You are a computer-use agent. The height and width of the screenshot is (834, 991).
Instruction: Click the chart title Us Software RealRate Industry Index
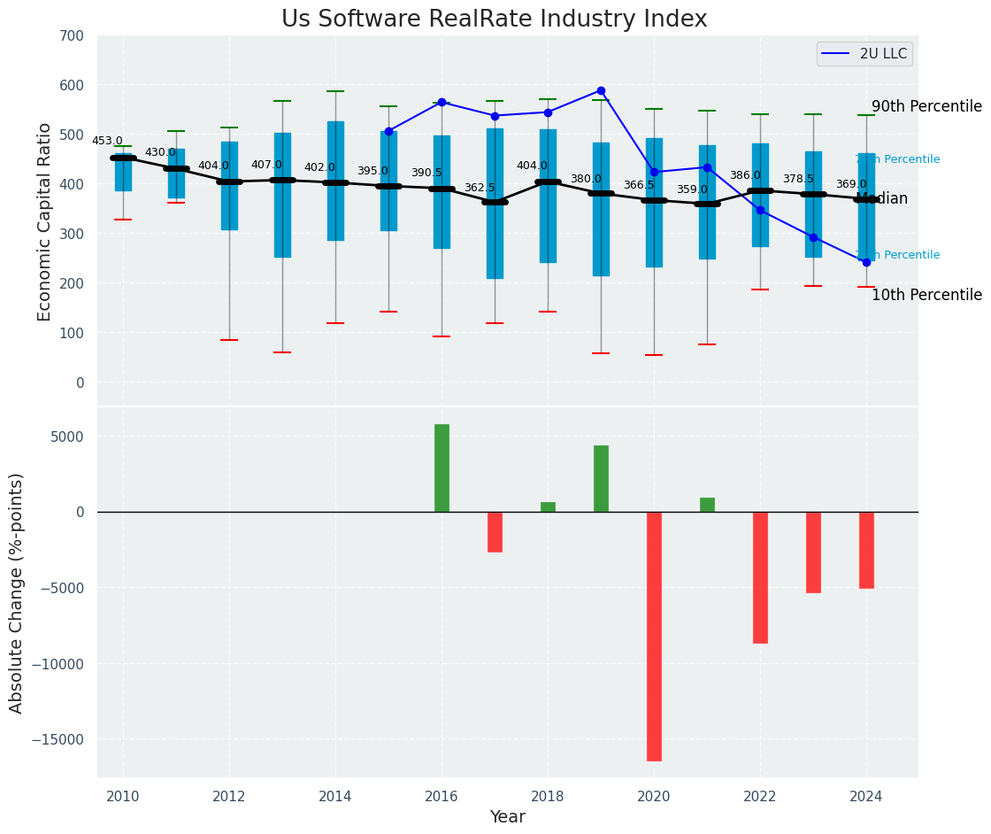click(494, 19)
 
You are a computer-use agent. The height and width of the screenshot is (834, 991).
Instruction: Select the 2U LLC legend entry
click(864, 54)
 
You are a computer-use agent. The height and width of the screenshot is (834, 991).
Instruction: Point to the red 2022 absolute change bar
click(760, 577)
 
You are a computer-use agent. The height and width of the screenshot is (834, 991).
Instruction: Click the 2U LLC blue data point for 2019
click(601, 90)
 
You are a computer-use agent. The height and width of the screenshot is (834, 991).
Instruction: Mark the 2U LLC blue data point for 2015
click(388, 131)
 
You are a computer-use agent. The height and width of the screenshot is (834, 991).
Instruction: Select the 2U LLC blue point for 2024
click(866, 262)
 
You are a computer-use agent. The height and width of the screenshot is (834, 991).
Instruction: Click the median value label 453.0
click(107, 141)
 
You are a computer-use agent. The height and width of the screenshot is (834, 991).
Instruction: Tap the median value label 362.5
click(480, 188)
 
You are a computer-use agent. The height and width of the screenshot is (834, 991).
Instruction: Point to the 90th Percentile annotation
click(926, 106)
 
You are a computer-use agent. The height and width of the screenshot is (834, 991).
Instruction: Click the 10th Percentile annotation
click(926, 295)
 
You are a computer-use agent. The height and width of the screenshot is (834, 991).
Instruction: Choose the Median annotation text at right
click(882, 198)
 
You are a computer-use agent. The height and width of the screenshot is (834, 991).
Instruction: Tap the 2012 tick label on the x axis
click(229, 797)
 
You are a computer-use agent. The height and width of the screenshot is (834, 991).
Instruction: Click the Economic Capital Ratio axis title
click(45, 220)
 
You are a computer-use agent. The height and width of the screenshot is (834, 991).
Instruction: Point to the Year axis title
click(507, 817)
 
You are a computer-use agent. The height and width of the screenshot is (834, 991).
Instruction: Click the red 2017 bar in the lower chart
click(495, 532)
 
